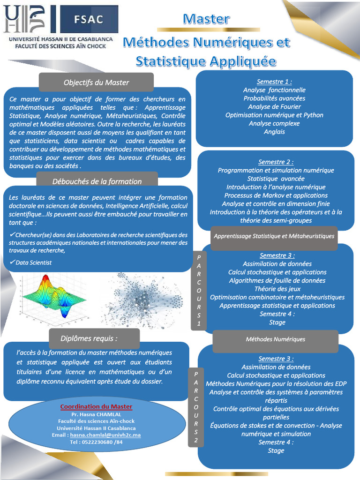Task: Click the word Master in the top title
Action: (206, 19)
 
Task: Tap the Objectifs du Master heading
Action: (96, 82)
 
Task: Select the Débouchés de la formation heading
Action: (97, 181)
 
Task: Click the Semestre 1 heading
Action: (274, 82)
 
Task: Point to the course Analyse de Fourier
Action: (274, 107)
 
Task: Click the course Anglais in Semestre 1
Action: (274, 132)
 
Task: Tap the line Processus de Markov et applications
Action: (276, 195)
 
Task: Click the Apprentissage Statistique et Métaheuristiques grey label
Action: (274, 236)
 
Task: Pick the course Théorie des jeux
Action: (277, 289)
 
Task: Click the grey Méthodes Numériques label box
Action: (276, 339)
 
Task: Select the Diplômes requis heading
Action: (89, 338)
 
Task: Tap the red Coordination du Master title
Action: (96, 407)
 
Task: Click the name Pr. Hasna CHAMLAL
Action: (96, 414)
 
